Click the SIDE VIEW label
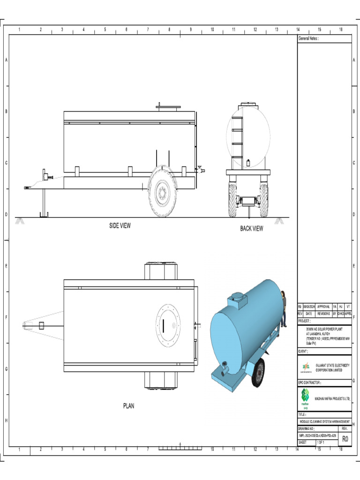coord(120,225)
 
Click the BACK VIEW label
coord(252,228)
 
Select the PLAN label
coord(128,405)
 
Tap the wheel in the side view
coord(162,192)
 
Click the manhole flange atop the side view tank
coord(168,107)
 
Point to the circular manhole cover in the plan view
coord(168,325)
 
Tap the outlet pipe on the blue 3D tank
coord(225,369)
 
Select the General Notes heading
coord(308,39)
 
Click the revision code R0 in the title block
coord(345,439)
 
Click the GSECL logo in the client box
coord(306,367)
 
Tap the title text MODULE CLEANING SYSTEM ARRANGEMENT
coord(324,421)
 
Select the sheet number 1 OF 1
coord(321,442)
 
